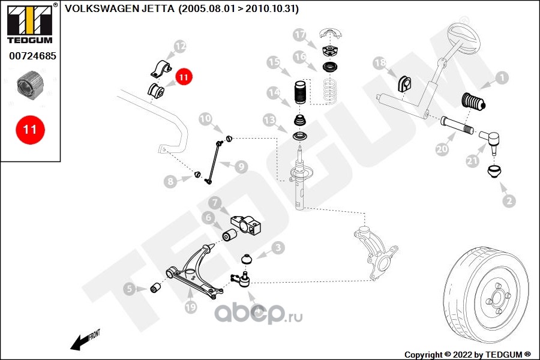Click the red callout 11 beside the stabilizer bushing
[x=183, y=76]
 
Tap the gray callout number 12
[x=180, y=46]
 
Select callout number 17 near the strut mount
[x=299, y=35]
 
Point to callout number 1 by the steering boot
[x=501, y=77]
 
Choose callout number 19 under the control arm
[x=190, y=308]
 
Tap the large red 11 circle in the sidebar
[x=30, y=129]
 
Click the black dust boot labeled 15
[x=298, y=96]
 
